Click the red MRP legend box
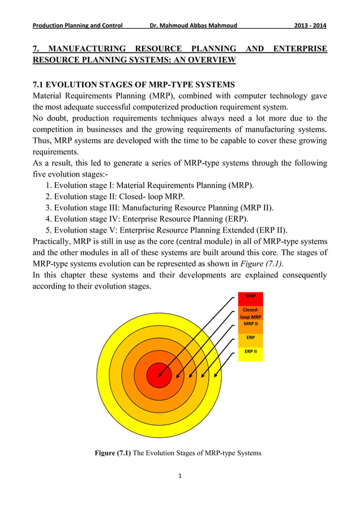click(251, 296)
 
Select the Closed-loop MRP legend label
click(251, 313)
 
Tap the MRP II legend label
click(251, 324)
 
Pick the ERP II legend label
click(251, 350)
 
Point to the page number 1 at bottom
click(179, 476)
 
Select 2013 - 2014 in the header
click(307, 25)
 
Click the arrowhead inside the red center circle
click(160, 375)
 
